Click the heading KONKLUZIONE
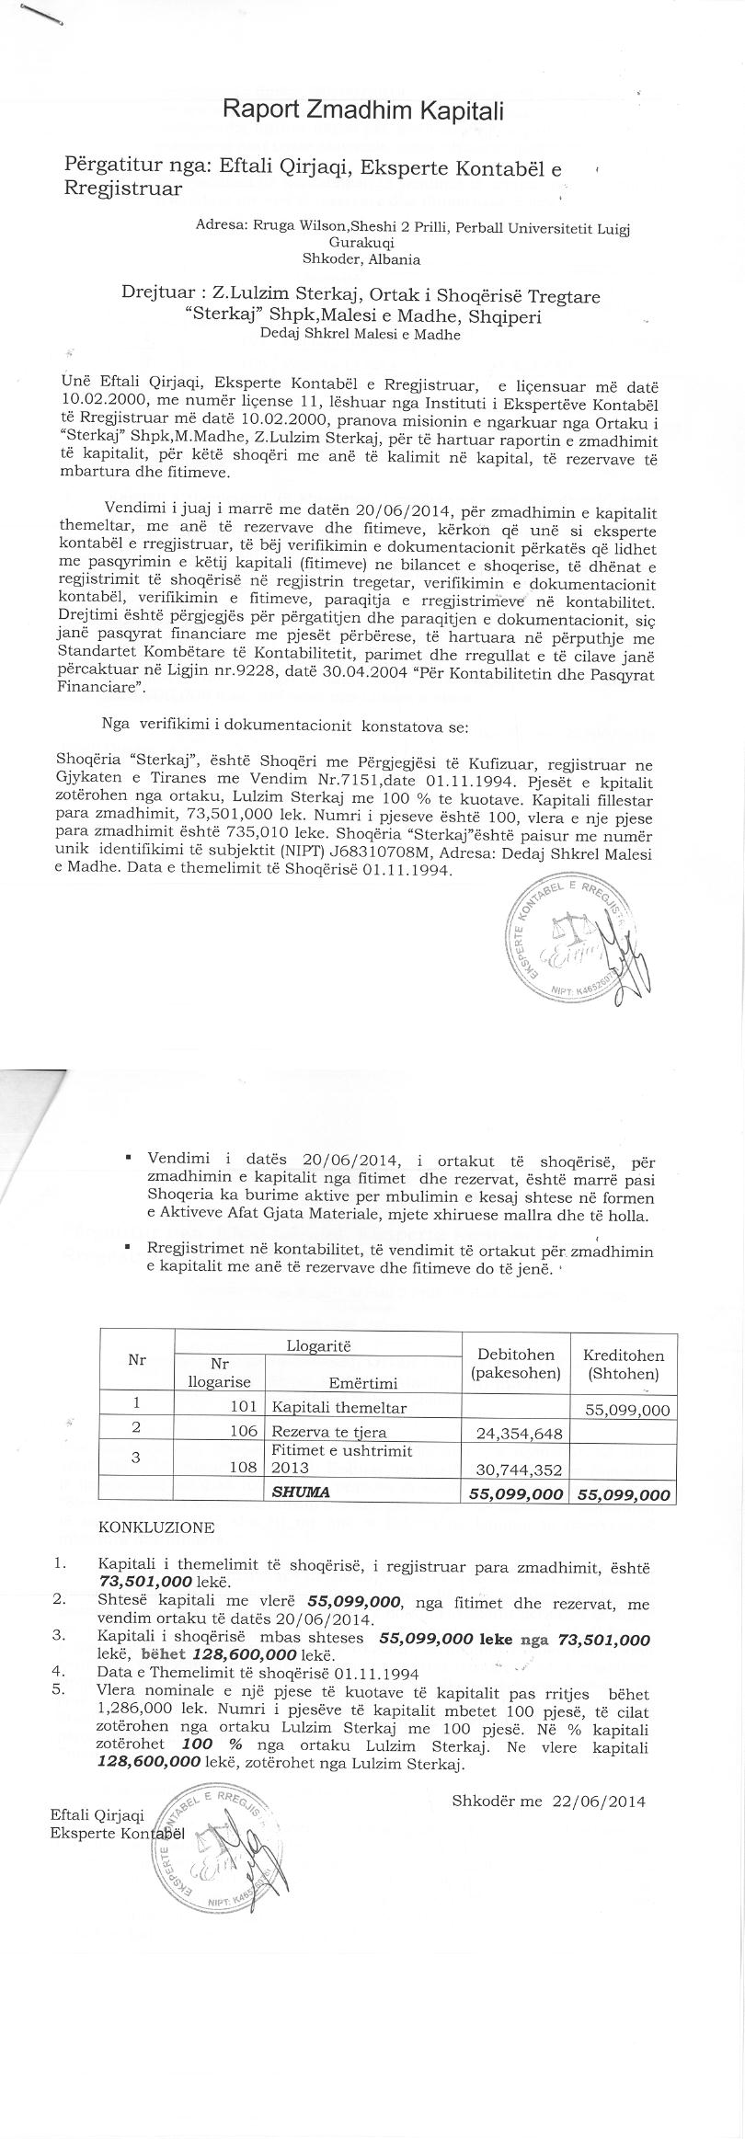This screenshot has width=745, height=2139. point(155,1527)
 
